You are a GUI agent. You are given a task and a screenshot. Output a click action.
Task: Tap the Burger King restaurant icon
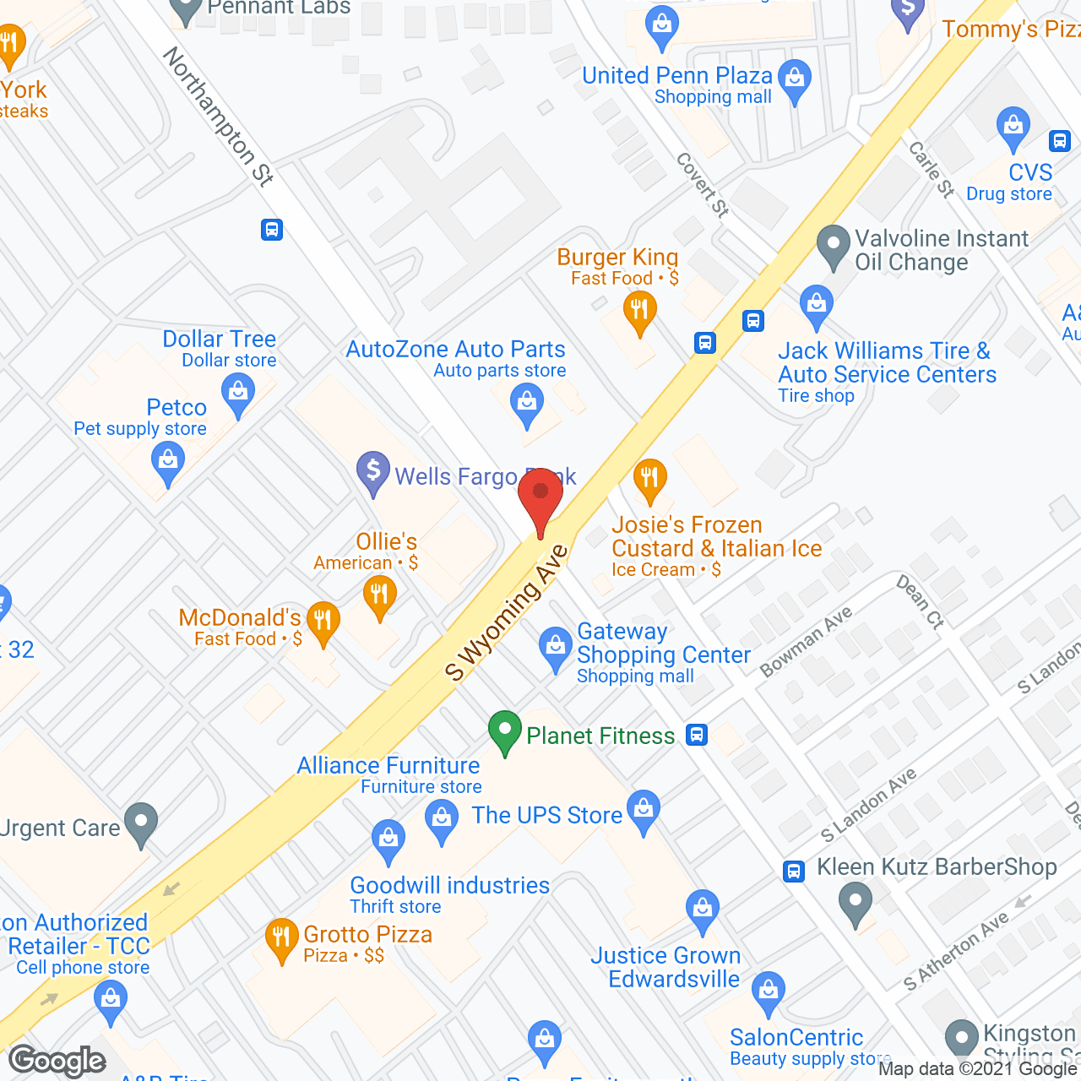(640, 311)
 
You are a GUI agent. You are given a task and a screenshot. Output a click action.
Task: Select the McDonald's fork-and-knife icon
(323, 622)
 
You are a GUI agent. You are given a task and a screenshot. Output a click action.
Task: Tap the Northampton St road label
(218, 116)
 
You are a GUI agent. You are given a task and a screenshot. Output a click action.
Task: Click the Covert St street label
(703, 185)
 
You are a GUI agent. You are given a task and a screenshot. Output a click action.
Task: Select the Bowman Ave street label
(806, 642)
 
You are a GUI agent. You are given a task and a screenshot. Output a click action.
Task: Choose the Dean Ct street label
(920, 601)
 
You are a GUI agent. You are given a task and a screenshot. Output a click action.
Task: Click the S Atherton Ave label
(956, 951)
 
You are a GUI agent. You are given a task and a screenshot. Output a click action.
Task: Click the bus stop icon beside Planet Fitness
(697, 735)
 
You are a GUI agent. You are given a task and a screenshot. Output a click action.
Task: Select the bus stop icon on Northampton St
(272, 230)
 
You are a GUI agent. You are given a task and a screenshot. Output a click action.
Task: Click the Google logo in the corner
(57, 1060)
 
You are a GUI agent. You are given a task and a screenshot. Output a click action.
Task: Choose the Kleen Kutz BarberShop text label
(937, 867)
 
